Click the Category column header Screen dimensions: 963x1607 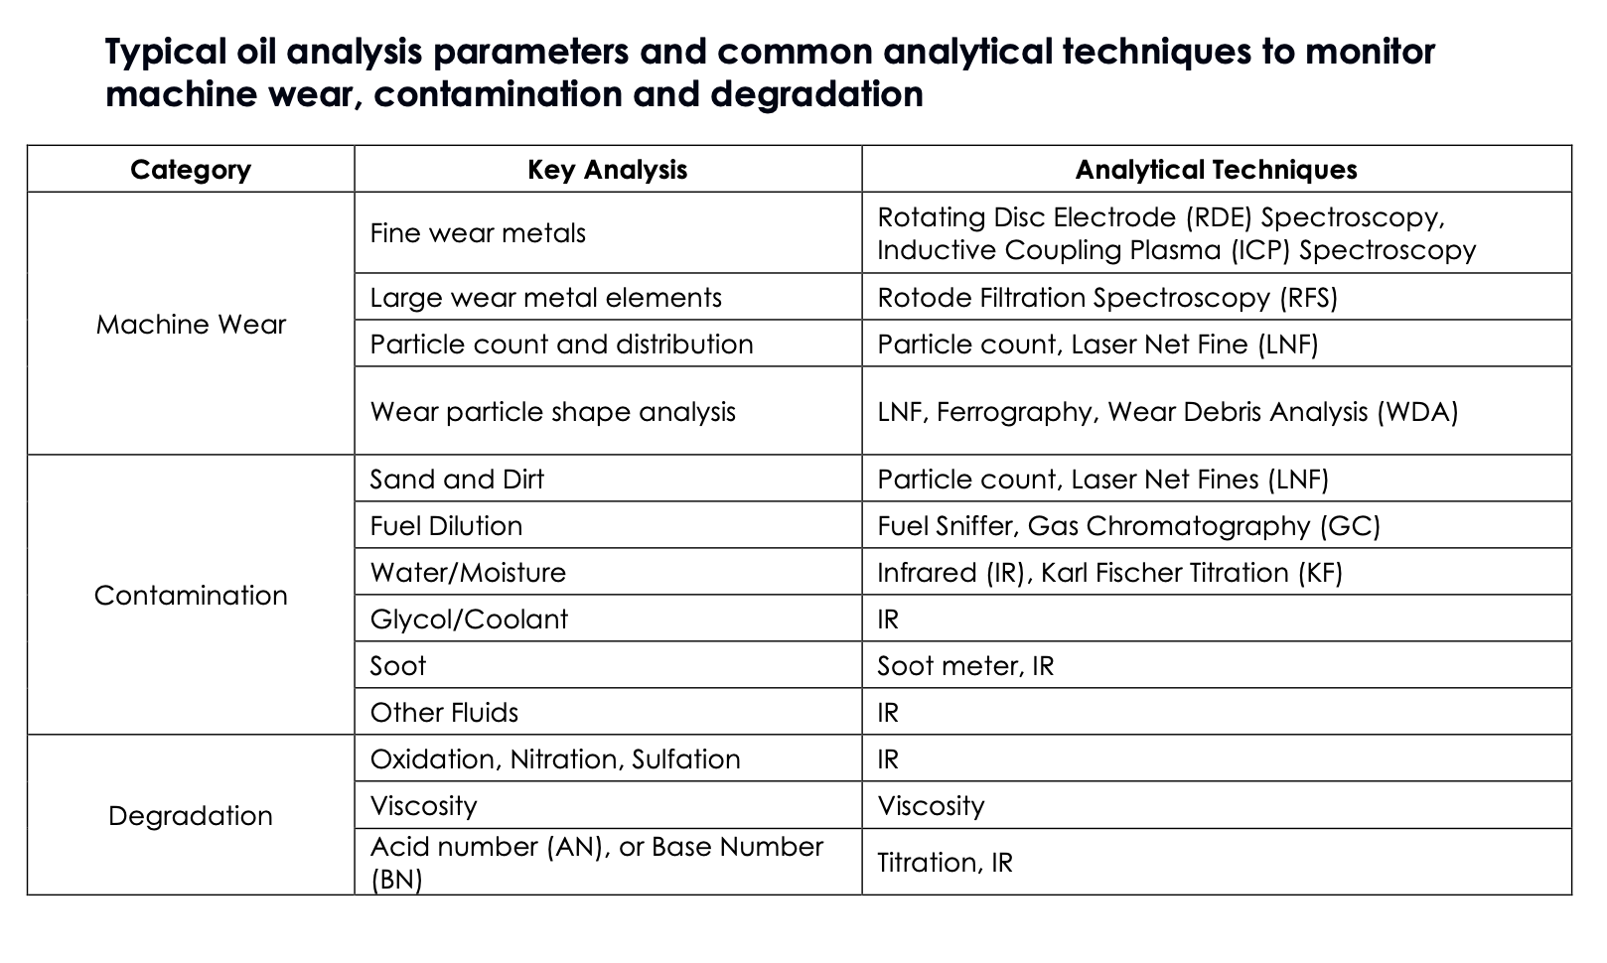coord(191,170)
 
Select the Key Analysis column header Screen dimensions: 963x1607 coord(607,170)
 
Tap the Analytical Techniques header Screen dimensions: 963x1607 coord(1216,170)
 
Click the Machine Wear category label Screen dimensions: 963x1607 coord(191,325)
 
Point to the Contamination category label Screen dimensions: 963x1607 coord(191,596)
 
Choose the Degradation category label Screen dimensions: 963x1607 coord(191,816)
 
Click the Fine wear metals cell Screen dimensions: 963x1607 coord(478,233)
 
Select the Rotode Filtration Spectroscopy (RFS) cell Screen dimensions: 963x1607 coord(1107,298)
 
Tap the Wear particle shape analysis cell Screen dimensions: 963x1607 coord(552,412)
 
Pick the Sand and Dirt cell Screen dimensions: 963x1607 coord(457,480)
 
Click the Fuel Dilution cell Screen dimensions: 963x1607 coord(446,526)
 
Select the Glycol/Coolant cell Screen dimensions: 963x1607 coord(469,619)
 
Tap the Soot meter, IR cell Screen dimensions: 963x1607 coord(965,666)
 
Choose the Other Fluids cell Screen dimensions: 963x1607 coord(444,713)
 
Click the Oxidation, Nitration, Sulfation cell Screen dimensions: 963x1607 coord(555,759)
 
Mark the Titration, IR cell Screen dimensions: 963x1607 coord(945,863)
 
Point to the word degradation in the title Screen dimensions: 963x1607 coord(816,94)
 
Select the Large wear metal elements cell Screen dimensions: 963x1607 coord(545,298)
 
